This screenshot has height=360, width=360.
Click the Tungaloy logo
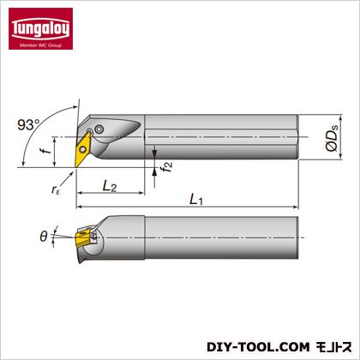point(40,28)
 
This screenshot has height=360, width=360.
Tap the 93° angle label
point(29,125)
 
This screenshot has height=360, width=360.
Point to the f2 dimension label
point(166,166)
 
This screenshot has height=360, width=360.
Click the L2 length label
point(110,187)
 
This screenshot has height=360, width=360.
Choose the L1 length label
point(196,199)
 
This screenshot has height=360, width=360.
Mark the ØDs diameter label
point(332,137)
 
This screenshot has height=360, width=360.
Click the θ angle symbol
point(44,237)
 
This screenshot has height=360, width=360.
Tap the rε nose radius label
point(56,189)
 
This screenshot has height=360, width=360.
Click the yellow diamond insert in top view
point(82,149)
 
